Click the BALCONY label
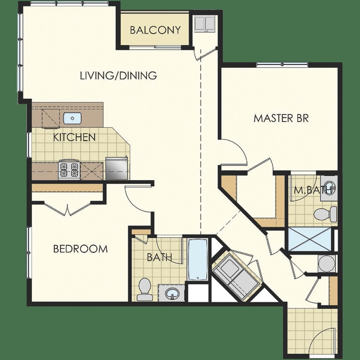tap(155, 30)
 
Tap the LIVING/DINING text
tap(119, 76)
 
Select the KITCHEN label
tap(74, 137)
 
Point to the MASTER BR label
tap(281, 118)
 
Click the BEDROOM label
tap(80, 249)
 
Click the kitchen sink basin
tap(72, 118)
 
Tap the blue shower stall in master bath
tap(310, 239)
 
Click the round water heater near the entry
tap(327, 263)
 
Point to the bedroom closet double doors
tap(67, 209)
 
